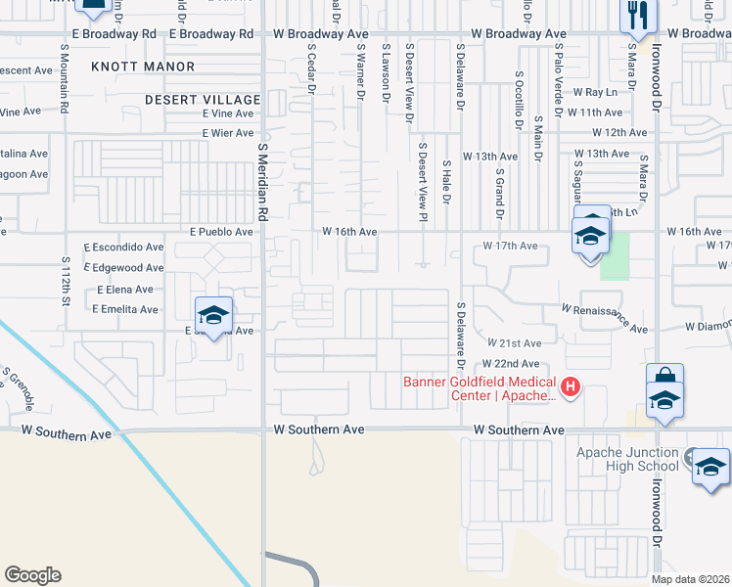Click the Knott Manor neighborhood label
coord(157,67)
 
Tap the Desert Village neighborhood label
coord(203,100)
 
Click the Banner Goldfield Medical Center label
coord(480,388)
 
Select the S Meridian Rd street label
coord(262,186)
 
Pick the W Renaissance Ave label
coord(604,316)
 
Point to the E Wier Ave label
coord(228,132)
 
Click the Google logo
coord(32,575)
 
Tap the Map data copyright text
coord(690,579)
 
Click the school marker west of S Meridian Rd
coord(212,314)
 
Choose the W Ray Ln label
coord(597,92)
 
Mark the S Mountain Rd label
coord(64,83)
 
